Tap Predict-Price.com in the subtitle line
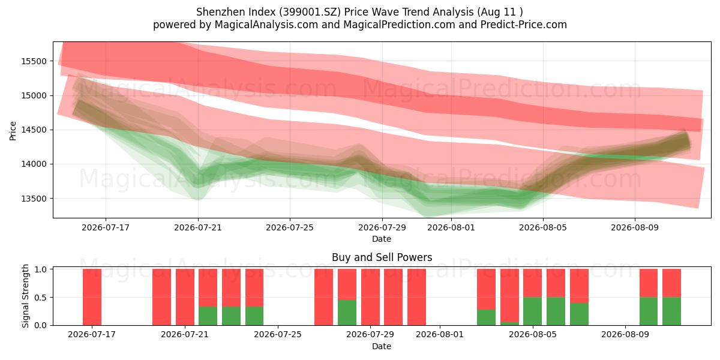(x=524, y=25)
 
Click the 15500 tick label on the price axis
(x=34, y=61)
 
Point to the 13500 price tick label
(x=34, y=199)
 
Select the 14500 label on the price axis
(x=34, y=130)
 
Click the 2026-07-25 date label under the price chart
(x=290, y=227)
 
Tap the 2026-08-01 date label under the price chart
(x=451, y=227)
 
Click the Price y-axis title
(x=13, y=131)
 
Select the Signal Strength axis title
(x=25, y=296)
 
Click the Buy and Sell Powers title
(x=382, y=257)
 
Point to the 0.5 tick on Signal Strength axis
(x=40, y=298)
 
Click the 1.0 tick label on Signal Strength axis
(x=40, y=269)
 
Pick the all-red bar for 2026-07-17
(x=92, y=297)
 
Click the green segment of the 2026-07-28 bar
(x=347, y=313)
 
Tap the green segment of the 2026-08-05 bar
(x=533, y=311)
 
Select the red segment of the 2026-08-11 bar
(x=672, y=283)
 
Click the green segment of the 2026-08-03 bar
(x=487, y=317)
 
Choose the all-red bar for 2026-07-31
(x=416, y=297)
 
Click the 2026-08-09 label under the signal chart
(x=625, y=335)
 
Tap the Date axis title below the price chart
(x=382, y=239)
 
